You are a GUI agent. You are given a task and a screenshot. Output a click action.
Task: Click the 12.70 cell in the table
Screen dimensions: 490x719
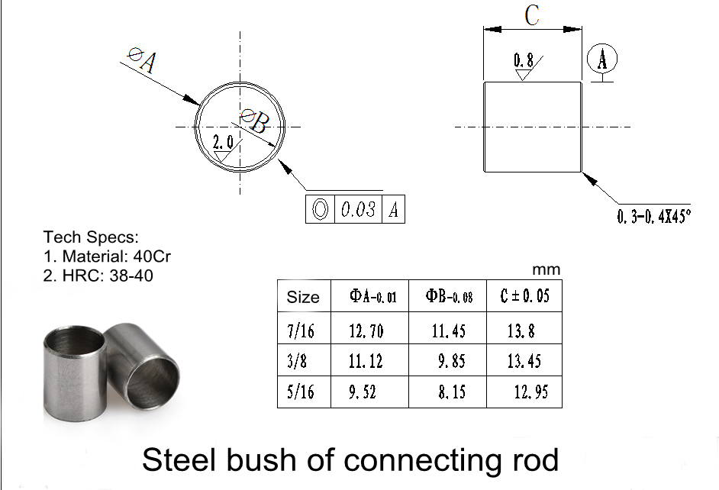pyautogui.click(x=366, y=331)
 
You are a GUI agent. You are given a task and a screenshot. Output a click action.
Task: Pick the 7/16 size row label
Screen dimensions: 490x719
pyautogui.click(x=300, y=331)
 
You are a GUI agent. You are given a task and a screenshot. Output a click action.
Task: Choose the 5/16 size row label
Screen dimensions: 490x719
pyautogui.click(x=300, y=393)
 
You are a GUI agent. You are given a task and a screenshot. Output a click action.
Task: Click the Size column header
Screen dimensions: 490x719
pyautogui.click(x=303, y=297)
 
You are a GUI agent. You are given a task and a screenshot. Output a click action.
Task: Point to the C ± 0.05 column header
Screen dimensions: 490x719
pyautogui.click(x=524, y=296)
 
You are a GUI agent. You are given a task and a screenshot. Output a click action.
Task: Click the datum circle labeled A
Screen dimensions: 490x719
pyautogui.click(x=603, y=58)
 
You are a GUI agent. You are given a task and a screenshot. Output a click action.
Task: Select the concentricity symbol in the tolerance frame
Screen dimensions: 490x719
pyautogui.click(x=320, y=210)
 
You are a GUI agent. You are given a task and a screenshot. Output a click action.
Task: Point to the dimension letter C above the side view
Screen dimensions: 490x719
pyautogui.click(x=533, y=16)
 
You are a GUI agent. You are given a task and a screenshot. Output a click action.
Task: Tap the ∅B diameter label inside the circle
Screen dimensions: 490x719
pyautogui.click(x=254, y=121)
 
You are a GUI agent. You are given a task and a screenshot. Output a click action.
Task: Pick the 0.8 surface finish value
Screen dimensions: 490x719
pyautogui.click(x=524, y=60)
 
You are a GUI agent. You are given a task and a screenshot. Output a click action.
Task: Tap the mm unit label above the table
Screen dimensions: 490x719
pyautogui.click(x=547, y=269)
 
